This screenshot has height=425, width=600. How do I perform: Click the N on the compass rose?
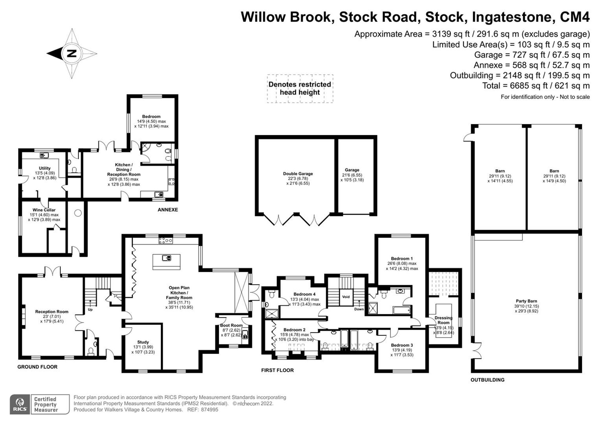pos(72,54)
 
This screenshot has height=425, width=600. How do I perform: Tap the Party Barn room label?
pos(526,301)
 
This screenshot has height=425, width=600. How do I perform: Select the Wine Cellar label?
pos(44,210)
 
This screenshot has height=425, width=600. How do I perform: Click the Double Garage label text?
pos(298,174)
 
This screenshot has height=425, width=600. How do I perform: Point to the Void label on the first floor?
pos(346,297)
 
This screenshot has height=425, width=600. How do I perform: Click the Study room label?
pos(143,342)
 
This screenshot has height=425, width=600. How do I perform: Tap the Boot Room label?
pos(231,325)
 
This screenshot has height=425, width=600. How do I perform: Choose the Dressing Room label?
pos(443,320)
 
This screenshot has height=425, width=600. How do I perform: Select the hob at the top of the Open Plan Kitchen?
pos(166,240)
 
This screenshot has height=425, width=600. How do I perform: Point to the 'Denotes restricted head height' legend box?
pos(300,89)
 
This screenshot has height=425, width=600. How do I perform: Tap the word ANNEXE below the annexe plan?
pos(168,210)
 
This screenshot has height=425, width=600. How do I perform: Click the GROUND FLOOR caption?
pos(37,367)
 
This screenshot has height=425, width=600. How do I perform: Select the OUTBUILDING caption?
pos(487,380)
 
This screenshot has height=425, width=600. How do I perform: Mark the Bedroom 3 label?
pos(402,345)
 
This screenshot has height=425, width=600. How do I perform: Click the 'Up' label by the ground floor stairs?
pos(90,309)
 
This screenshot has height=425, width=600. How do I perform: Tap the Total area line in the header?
pos(536,86)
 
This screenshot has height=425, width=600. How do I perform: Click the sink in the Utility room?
pos(44,156)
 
